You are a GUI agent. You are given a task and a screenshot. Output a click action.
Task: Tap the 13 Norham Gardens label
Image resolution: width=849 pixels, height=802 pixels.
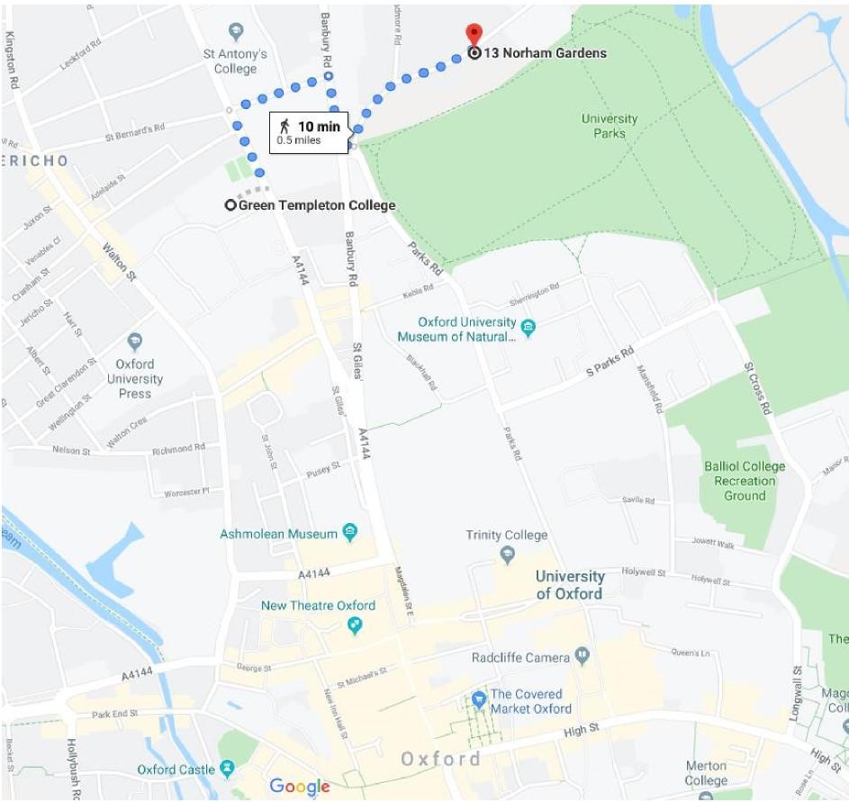point(545,53)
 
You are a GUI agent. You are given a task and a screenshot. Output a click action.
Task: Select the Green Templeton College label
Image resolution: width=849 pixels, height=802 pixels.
point(316,205)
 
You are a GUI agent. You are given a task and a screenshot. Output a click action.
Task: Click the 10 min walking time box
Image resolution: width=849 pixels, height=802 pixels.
point(309,131)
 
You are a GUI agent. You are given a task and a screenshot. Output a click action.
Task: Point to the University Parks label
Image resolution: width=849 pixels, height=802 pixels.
point(609,126)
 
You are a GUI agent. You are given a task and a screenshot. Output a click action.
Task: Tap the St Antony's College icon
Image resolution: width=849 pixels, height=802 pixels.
point(236,32)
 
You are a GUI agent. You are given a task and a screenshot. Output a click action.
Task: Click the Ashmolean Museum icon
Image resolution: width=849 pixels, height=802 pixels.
point(350,534)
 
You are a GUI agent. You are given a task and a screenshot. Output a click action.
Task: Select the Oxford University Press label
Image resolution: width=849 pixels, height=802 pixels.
point(134,379)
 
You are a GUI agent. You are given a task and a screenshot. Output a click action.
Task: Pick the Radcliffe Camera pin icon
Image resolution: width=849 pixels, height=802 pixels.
point(583,657)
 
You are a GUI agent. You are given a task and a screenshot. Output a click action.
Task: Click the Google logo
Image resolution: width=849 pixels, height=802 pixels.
point(300,786)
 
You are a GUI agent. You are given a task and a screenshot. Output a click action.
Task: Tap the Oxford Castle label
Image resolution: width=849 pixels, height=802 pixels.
point(176,770)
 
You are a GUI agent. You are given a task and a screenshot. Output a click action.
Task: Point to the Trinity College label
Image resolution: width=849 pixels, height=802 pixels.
point(506,535)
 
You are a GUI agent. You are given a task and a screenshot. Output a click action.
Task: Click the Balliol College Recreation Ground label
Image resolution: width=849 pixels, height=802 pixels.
point(745,481)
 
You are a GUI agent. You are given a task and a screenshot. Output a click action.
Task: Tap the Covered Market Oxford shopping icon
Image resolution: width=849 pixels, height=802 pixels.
point(478,699)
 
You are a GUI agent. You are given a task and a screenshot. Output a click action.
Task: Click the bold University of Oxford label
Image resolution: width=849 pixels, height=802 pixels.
point(569,585)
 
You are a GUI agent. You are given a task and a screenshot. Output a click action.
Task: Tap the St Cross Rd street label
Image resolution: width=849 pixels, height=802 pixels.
point(758,389)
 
